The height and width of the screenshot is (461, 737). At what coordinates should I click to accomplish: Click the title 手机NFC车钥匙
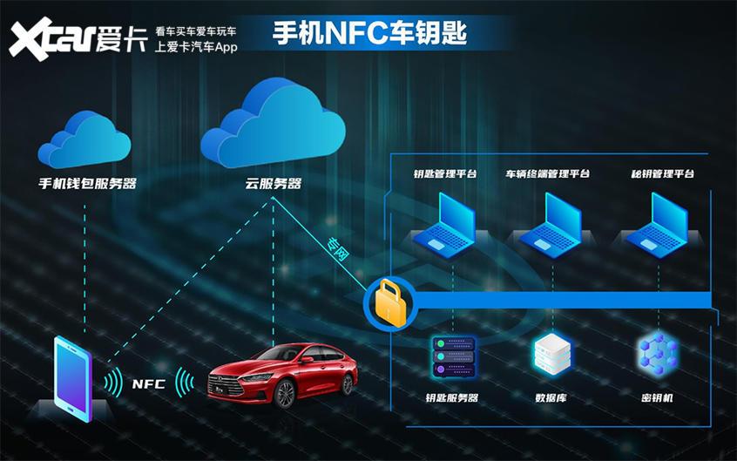click(370, 33)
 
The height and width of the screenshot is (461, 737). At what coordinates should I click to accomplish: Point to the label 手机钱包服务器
click(88, 184)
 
